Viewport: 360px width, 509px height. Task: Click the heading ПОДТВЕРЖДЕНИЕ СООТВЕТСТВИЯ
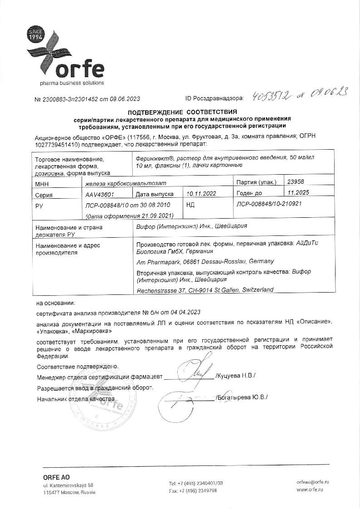[182, 111]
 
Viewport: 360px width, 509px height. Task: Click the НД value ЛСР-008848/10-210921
[269, 204]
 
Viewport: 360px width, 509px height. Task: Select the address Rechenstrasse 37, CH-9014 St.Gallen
[204, 289]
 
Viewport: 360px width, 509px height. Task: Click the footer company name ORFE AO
[56, 477]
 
